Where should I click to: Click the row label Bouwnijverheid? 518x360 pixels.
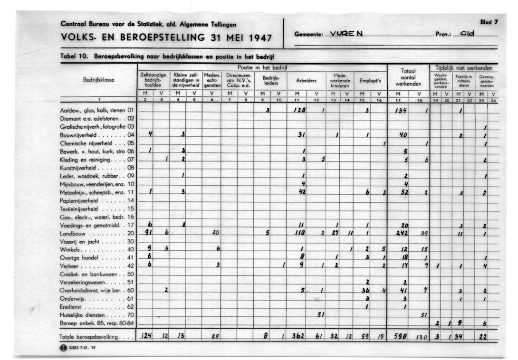79,135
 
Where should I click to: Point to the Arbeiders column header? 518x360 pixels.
306,81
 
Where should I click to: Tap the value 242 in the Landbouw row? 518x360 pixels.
402,233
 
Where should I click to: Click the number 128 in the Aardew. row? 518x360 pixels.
299,110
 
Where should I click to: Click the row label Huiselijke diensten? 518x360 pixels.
82,315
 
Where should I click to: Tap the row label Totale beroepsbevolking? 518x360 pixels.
89,337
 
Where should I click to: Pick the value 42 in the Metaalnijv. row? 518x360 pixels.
302,192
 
